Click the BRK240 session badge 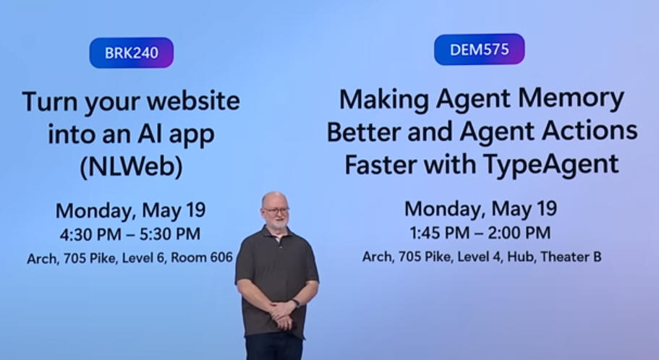tap(131, 53)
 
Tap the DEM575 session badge tap(479, 50)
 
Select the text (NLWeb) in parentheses tap(131, 166)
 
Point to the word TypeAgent tap(551, 164)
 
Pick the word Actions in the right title tap(590, 131)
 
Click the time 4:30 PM tap(90, 234)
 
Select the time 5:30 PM tap(170, 234)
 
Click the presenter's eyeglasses tap(276, 210)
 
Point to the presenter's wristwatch tap(297, 303)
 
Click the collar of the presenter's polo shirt tap(276, 233)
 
